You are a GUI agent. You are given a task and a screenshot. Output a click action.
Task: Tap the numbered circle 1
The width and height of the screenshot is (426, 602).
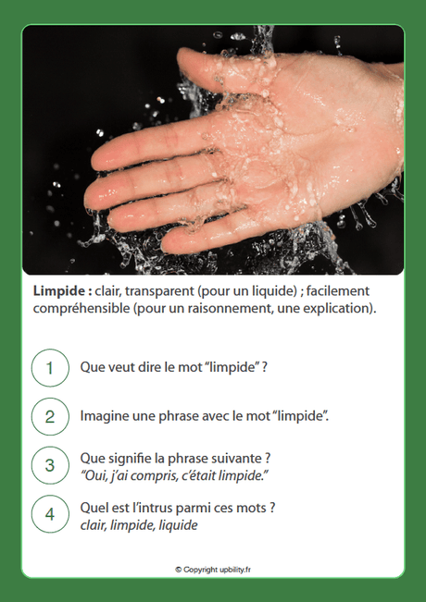[50, 367]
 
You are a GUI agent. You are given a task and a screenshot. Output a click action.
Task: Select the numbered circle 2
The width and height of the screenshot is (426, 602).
[50, 416]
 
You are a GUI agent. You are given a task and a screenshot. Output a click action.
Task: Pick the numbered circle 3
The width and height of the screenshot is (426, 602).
[50, 465]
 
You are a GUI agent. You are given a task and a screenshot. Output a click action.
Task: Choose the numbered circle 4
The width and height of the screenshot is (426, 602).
[50, 514]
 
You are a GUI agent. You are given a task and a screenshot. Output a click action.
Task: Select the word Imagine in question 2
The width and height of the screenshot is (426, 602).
[106, 416]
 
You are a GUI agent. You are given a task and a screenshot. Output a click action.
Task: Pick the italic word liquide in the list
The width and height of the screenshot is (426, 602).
[176, 524]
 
